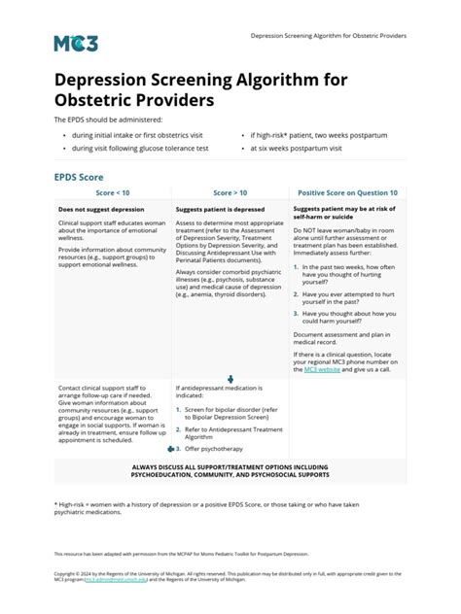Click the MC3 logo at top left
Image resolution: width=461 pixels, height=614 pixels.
click(x=76, y=42)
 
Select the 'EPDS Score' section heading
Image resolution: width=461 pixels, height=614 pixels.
click(x=80, y=178)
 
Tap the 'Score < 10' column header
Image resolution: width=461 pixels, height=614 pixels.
click(x=113, y=193)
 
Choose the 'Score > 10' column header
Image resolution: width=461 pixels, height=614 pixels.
click(x=230, y=193)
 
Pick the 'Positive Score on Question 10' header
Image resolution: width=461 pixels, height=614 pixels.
click(x=347, y=193)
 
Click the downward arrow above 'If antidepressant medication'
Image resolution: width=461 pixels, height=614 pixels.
click(x=230, y=379)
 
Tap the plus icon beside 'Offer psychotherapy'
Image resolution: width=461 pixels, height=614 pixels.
click(x=171, y=450)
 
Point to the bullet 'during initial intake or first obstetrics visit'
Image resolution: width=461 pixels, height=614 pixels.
click(x=138, y=135)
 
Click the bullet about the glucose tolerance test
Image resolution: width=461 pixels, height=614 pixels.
click(x=139, y=149)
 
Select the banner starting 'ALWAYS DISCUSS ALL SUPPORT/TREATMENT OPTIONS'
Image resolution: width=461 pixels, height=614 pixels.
click(x=230, y=470)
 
